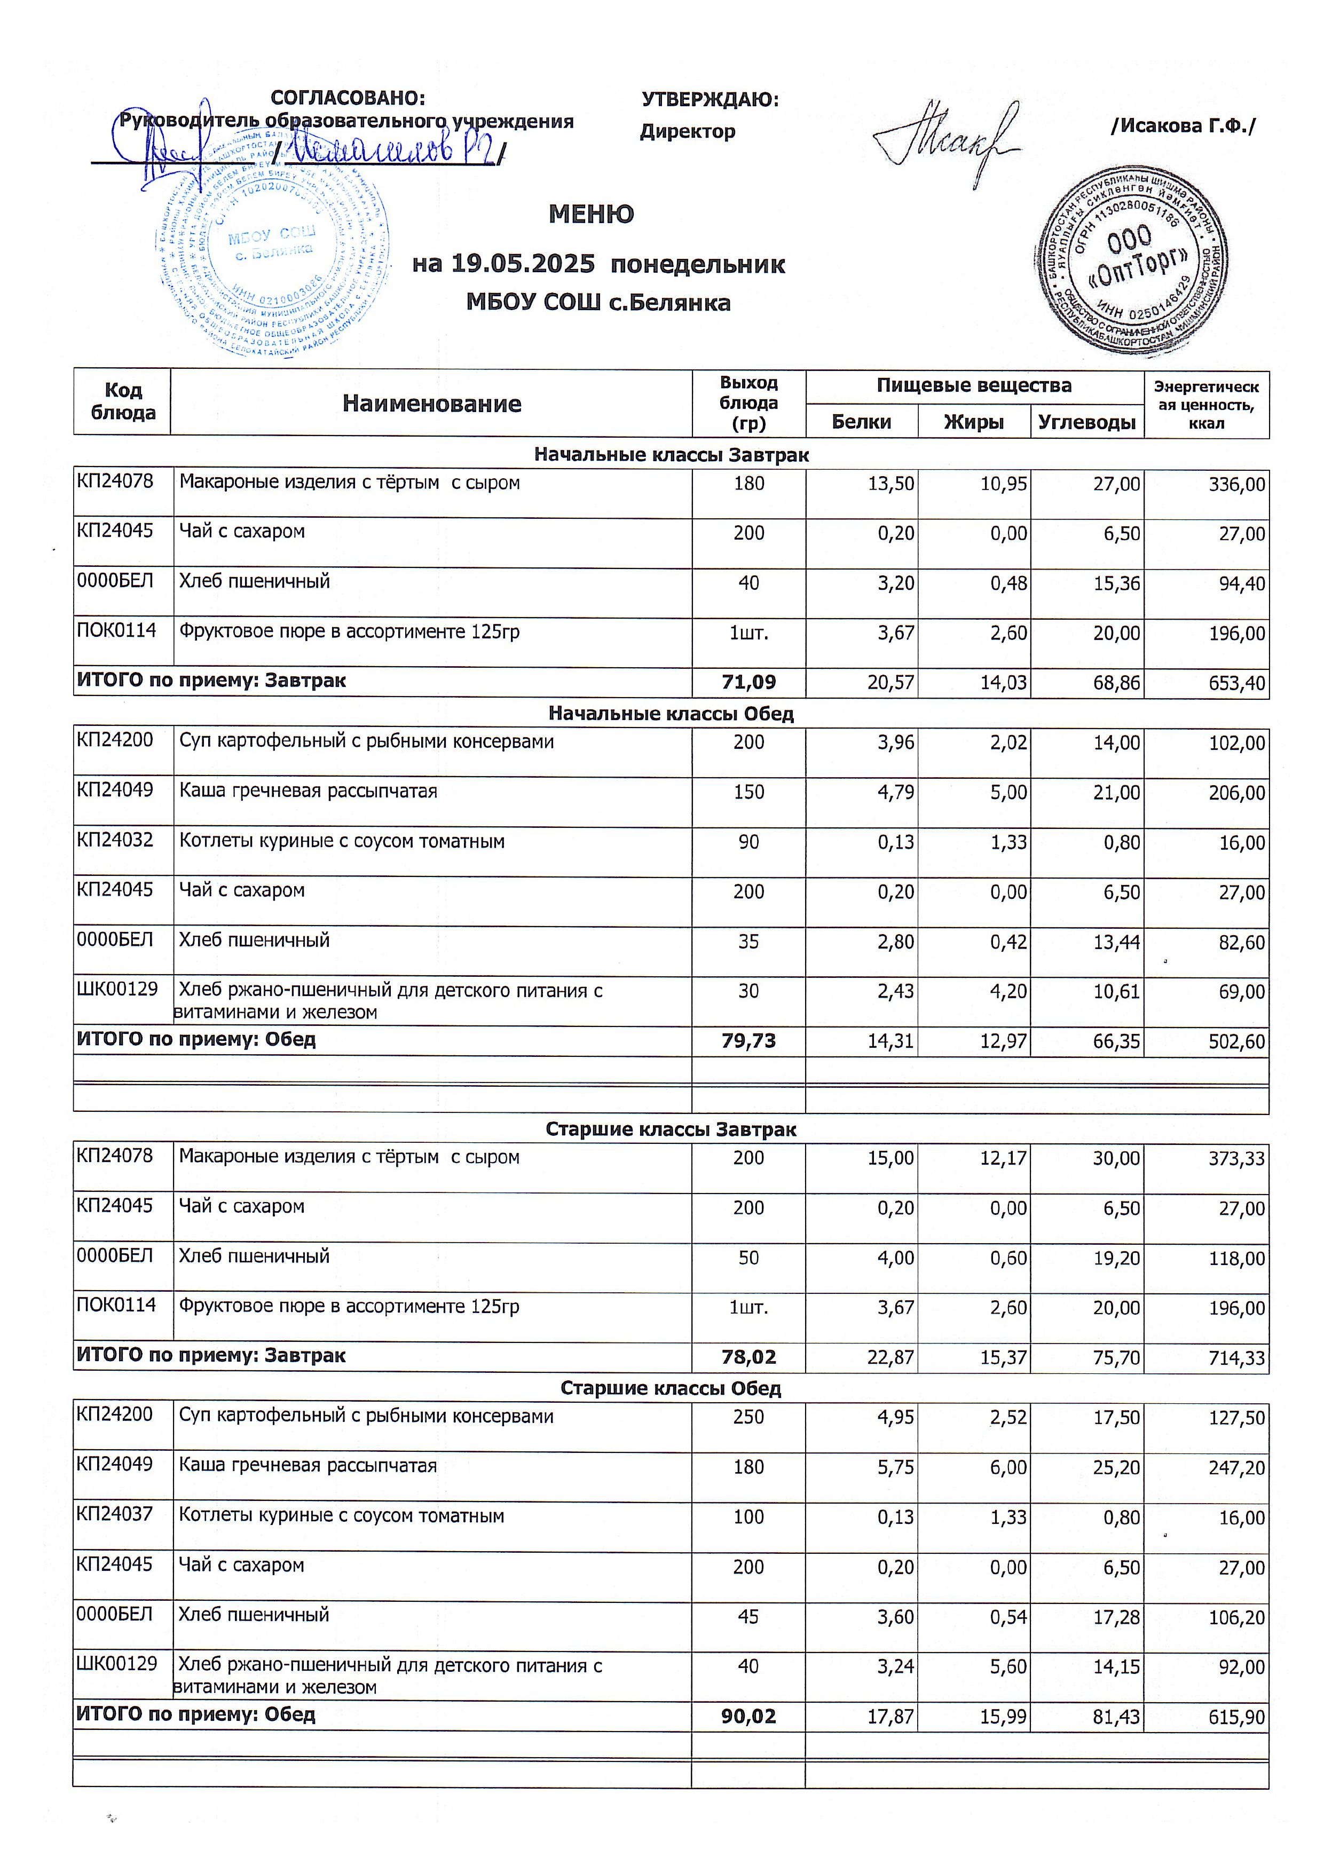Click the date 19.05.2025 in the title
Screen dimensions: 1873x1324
click(522, 264)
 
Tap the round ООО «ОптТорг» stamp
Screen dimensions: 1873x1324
click(1131, 263)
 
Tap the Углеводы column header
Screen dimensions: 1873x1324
click(1086, 422)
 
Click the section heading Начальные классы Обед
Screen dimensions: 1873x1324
click(671, 714)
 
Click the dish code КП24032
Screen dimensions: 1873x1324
click(115, 840)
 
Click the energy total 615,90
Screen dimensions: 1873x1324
click(1237, 1717)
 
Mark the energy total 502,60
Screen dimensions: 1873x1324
click(1237, 1042)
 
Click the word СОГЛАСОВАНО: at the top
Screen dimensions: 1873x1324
click(348, 99)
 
